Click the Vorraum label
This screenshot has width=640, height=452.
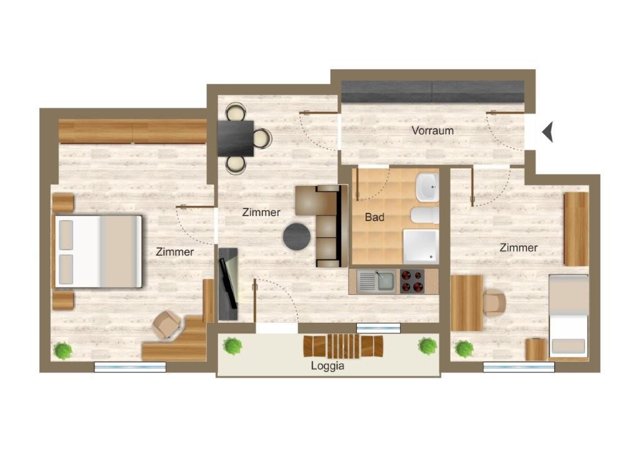[x=432, y=130]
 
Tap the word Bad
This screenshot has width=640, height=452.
[x=375, y=217]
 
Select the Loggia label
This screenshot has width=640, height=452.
[x=327, y=366]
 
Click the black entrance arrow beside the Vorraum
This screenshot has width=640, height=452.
[x=547, y=132]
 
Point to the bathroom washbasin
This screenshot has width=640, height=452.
[x=427, y=187]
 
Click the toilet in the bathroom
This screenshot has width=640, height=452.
[x=424, y=215]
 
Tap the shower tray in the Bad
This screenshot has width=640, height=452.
[x=421, y=246]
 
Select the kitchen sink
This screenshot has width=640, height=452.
[x=376, y=281]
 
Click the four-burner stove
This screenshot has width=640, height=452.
[x=412, y=281]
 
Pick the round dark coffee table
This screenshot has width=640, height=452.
[x=297, y=237]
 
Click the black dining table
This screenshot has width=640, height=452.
[x=236, y=139]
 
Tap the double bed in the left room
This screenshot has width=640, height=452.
[x=98, y=252]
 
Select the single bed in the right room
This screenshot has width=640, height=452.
[x=568, y=316]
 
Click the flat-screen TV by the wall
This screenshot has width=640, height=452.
[x=228, y=283]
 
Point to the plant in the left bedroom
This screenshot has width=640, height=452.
[x=63, y=350]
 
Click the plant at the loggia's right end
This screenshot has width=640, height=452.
[x=427, y=346]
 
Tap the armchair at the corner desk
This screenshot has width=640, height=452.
[x=166, y=325]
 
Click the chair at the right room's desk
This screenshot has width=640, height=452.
[x=494, y=303]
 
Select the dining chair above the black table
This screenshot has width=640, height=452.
[x=236, y=112]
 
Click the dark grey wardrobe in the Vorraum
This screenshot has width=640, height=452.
[x=432, y=92]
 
